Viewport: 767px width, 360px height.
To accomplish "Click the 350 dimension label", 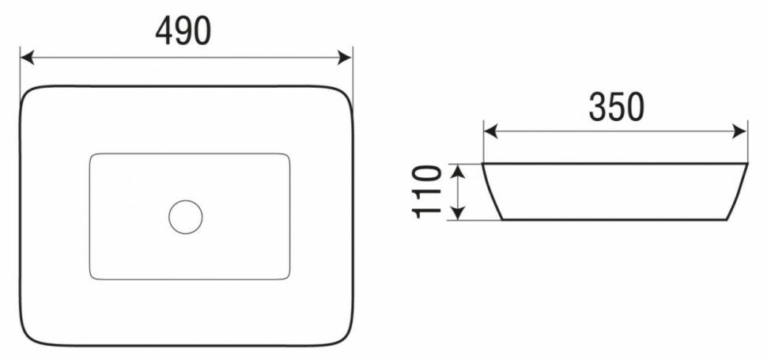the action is [616, 107].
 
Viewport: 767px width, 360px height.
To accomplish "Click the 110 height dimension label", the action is [425, 191].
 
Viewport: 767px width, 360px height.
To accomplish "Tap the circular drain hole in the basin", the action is [186, 215].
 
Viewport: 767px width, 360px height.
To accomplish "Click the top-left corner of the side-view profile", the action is [484, 165].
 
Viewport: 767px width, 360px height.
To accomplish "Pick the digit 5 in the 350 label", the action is [616, 107].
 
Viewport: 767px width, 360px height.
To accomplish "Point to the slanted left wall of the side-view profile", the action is [491, 191].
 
